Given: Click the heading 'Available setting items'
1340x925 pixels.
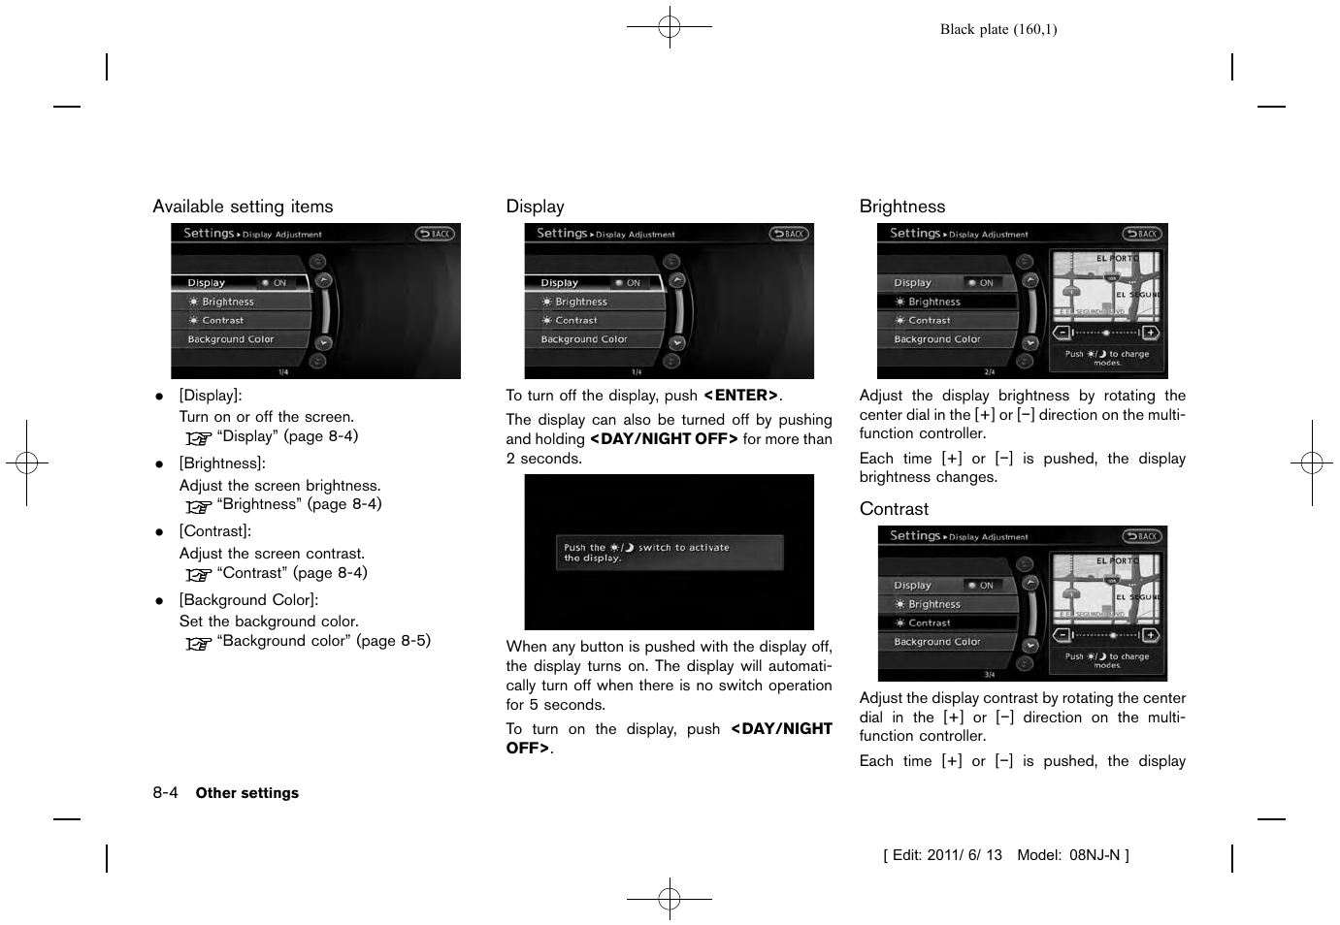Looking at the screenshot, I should pos(243,207).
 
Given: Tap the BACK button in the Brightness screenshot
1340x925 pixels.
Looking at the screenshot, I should pos(1142,234).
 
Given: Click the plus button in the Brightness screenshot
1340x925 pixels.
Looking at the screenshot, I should pos(1150,333).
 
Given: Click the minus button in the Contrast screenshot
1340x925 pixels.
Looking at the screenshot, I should pos(1062,635).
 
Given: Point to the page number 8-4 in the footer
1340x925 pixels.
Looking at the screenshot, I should pos(165,792).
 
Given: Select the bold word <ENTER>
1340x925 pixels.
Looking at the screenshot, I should pos(741,396).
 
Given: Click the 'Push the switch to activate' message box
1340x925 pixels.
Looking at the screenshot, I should pos(669,553).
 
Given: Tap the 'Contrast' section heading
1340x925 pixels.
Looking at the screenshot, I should pos(894,509).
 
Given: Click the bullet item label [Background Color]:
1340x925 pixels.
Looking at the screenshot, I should pos(248,600).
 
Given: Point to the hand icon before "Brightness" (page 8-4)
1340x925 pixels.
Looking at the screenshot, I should pos(198,506).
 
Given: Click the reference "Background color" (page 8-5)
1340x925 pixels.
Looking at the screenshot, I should pos(323,641).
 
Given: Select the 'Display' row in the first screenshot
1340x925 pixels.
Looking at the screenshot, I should pos(240,283).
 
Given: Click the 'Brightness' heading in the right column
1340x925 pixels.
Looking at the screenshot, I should pos(901,207).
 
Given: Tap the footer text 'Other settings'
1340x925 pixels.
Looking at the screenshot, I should pos(246,793).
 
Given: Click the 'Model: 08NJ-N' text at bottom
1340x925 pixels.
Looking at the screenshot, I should pos(1072,855).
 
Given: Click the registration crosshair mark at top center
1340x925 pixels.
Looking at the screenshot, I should pos(670,27).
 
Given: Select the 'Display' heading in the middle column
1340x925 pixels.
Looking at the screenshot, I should pos(535,207).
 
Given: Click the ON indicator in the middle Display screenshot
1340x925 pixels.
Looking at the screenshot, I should pos(629,283).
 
